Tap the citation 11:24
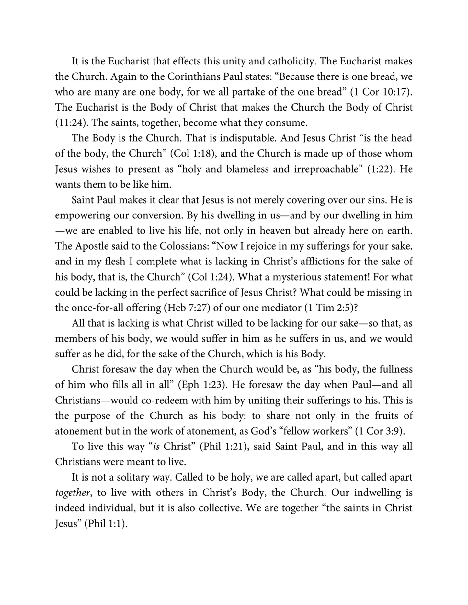click(x=69, y=123)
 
